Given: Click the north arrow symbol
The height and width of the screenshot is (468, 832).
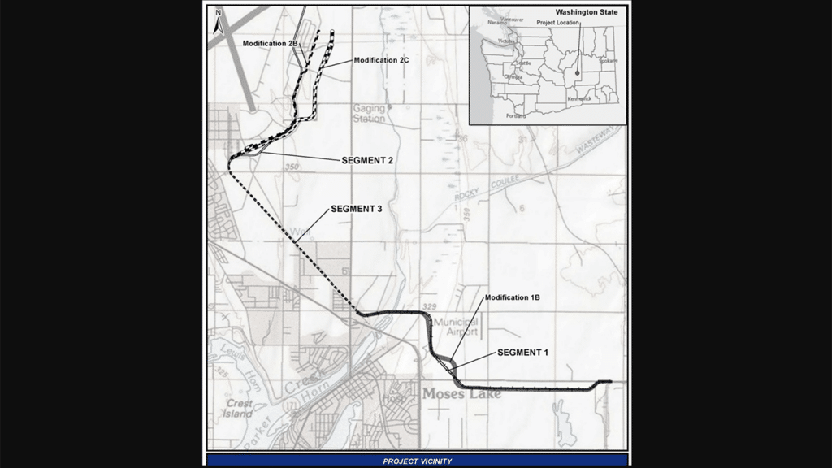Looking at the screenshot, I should pos(217,25).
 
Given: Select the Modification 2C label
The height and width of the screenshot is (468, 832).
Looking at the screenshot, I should pos(384,60).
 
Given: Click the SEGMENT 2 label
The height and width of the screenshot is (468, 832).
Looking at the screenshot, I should pos(367,161).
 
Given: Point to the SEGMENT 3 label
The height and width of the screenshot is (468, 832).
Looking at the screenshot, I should pos(356,209).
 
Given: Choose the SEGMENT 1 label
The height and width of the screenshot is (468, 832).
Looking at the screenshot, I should pos(523,352).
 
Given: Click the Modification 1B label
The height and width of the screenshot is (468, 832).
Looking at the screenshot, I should pos(512,297).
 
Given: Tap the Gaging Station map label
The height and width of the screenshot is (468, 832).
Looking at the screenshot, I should pos(370,113).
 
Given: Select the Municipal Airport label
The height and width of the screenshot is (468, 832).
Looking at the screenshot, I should pos(456,327).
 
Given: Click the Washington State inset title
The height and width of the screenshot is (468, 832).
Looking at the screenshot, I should pos(586,13).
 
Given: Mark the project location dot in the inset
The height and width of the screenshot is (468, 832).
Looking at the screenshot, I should pos(577,73).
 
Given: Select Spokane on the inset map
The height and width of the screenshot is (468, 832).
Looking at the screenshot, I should pos(607,60).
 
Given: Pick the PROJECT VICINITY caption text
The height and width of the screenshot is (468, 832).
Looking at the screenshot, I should pos(417,461).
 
